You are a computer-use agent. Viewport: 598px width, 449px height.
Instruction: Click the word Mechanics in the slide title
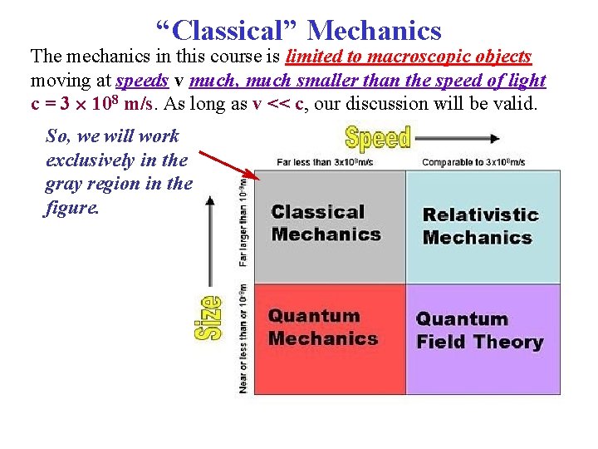click(x=374, y=31)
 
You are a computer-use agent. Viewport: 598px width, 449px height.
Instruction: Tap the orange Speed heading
click(x=378, y=137)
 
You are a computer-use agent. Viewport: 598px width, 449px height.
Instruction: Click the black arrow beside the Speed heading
click(x=458, y=138)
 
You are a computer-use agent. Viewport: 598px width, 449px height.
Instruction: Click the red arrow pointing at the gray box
click(x=230, y=166)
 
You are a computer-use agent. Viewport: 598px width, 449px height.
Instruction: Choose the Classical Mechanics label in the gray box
click(x=326, y=223)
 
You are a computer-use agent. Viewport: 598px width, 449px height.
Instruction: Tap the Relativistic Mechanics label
click(x=480, y=226)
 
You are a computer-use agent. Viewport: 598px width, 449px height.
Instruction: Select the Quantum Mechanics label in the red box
click(x=322, y=327)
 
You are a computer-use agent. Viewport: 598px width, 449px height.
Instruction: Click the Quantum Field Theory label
click(x=479, y=330)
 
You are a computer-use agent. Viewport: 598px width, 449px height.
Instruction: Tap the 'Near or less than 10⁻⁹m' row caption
click(x=243, y=338)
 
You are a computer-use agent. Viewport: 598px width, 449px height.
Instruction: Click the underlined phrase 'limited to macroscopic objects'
click(x=409, y=57)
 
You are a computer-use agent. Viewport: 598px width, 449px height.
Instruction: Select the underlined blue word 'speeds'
click(x=143, y=81)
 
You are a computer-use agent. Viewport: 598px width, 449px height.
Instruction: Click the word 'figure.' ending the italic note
click(x=72, y=207)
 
